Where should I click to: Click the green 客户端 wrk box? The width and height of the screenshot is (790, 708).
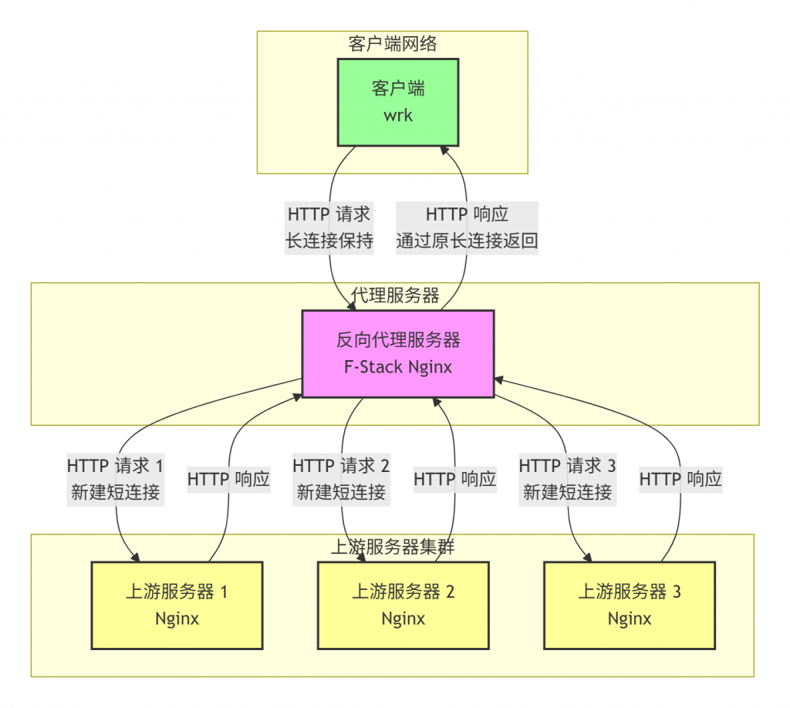pos(398,101)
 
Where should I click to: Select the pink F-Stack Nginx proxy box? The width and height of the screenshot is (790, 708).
pos(397,353)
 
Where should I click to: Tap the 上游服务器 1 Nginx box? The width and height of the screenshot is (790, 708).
pos(177,605)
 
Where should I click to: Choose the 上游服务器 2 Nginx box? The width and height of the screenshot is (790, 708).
pos(403,605)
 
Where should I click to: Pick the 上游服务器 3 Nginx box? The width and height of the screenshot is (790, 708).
pos(630,605)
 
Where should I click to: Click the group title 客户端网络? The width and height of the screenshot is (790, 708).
pos(392,44)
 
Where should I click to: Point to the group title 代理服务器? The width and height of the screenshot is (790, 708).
pos(395,295)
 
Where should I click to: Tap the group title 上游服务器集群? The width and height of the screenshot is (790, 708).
pos(392,548)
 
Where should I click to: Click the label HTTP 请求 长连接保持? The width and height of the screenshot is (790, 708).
pos(329,228)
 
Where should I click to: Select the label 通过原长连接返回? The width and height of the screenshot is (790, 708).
pos(467,241)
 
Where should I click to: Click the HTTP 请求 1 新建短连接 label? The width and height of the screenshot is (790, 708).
pos(116,479)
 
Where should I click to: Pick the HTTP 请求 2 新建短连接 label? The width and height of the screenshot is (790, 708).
pos(341,479)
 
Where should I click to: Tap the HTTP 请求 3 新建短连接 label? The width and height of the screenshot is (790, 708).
pos(567,479)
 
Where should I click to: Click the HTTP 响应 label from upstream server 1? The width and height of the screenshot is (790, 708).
pos(228,479)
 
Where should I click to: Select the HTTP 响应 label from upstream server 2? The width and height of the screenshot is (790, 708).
pos(454,479)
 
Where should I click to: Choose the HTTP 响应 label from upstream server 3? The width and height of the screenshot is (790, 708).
pos(680,479)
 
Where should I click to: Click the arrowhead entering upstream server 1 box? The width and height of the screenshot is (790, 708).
pos(137,558)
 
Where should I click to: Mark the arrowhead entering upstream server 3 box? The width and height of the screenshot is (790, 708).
pos(589,558)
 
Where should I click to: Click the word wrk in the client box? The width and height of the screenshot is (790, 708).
pos(398,115)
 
